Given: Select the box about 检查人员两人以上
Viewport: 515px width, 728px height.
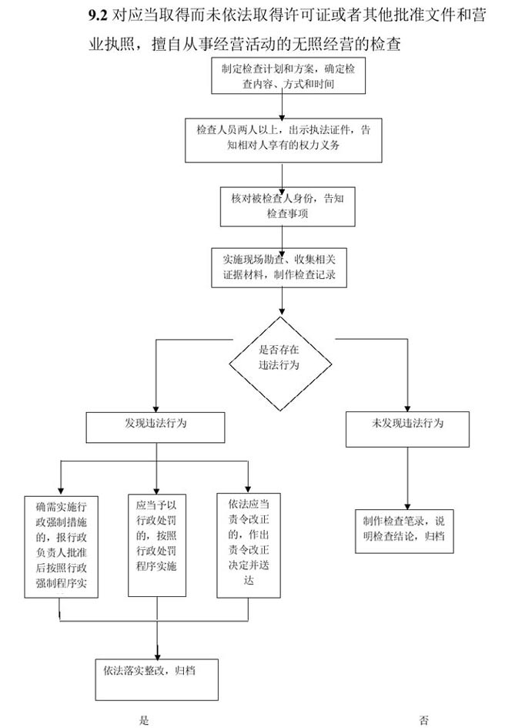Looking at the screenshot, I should pos(283,139).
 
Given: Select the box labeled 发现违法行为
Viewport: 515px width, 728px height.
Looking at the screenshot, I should pos(156,428).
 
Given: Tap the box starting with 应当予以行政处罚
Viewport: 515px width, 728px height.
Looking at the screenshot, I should pos(157,544).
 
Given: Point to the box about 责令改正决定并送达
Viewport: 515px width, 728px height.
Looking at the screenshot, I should pos(248,544).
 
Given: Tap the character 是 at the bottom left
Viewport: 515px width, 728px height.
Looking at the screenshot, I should pos(144,721).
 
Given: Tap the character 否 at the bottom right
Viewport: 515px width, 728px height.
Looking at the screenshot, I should pos(424,721).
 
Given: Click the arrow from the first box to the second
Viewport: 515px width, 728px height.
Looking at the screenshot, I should pos(283,106).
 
